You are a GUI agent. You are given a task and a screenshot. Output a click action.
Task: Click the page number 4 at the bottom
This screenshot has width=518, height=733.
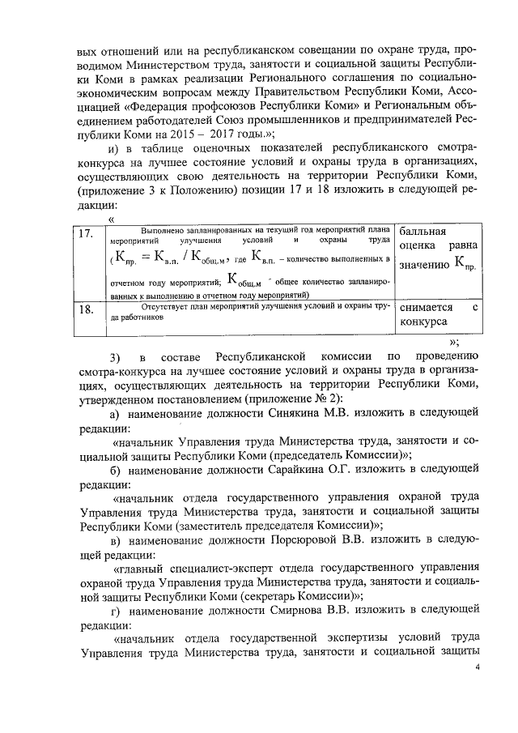477,667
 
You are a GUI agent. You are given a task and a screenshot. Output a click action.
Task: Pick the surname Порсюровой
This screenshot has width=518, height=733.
309,540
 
